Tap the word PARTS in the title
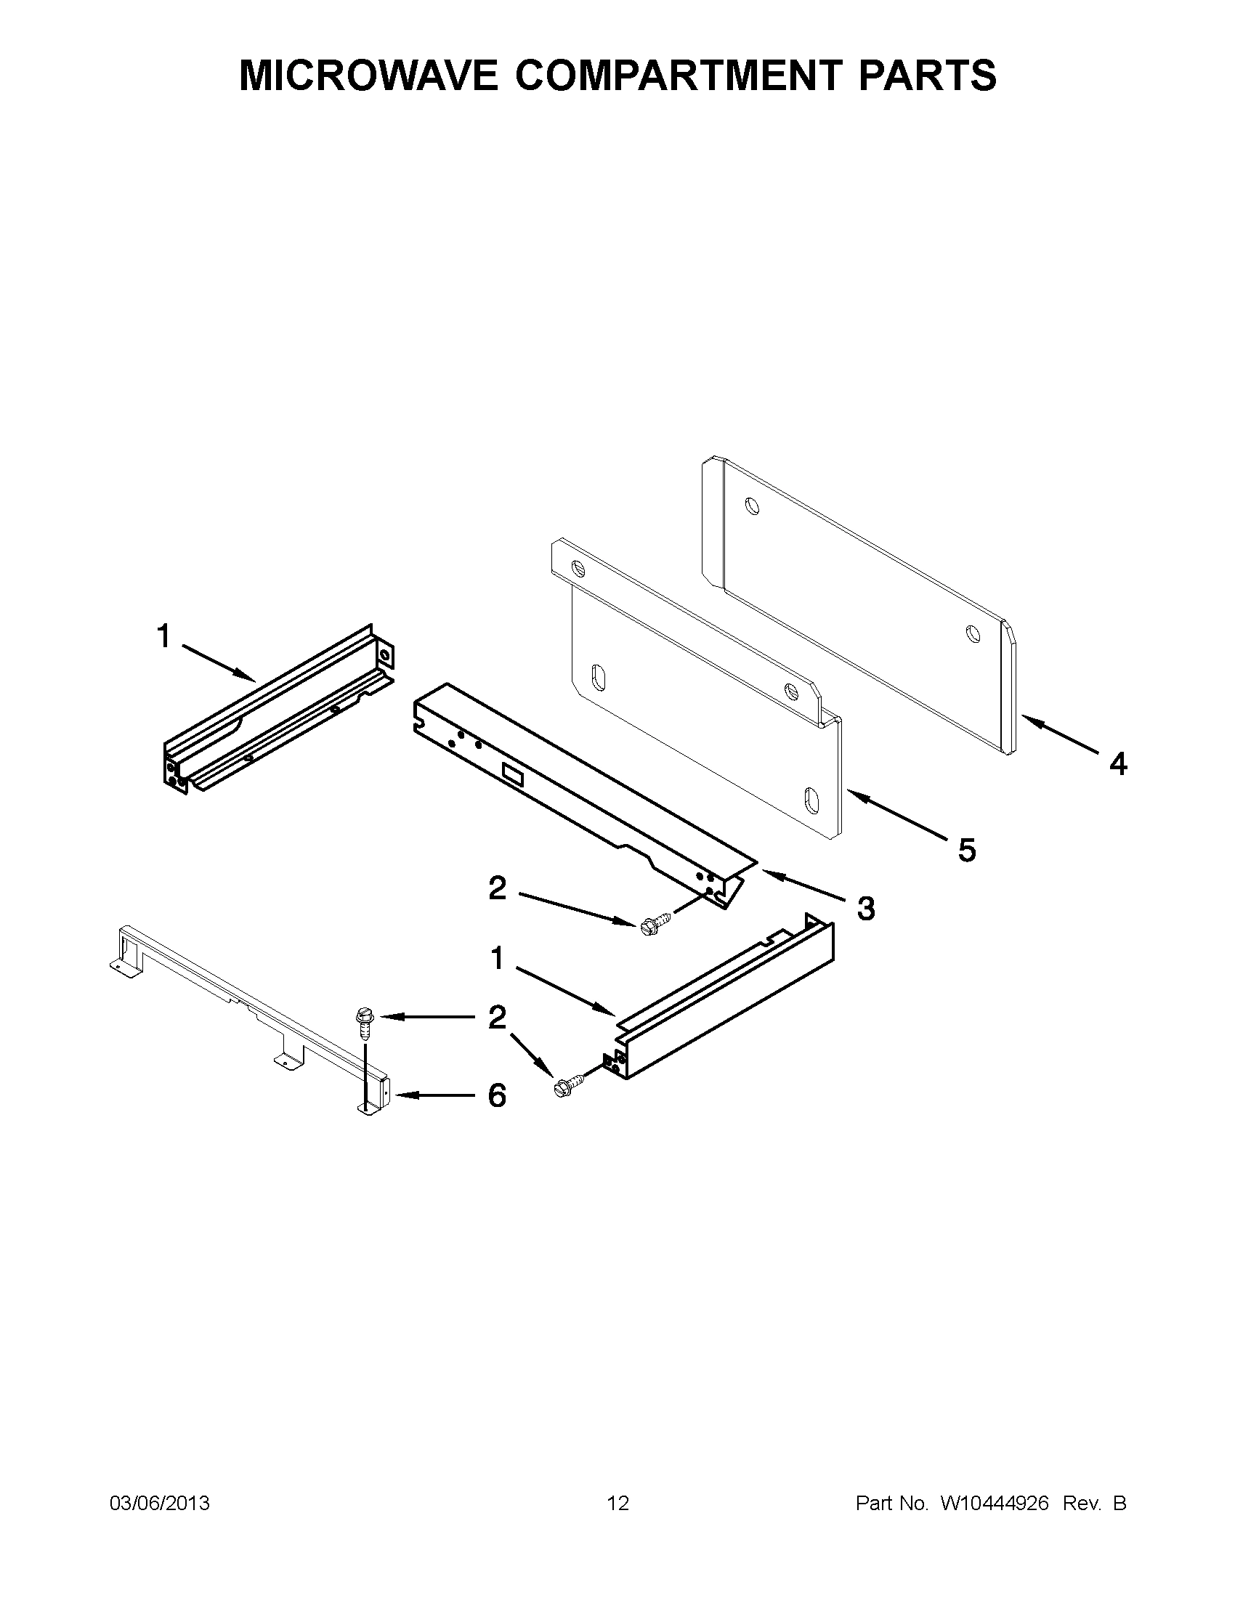pos(927,76)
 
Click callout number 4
pos(1117,764)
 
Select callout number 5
pos(966,851)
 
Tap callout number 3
pos(865,909)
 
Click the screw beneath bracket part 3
pos(654,923)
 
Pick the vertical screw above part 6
pos(363,1022)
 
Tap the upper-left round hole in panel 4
pos(752,506)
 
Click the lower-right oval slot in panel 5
pos(811,799)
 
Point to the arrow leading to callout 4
pos(1060,734)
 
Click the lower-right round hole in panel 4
pos(972,633)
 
